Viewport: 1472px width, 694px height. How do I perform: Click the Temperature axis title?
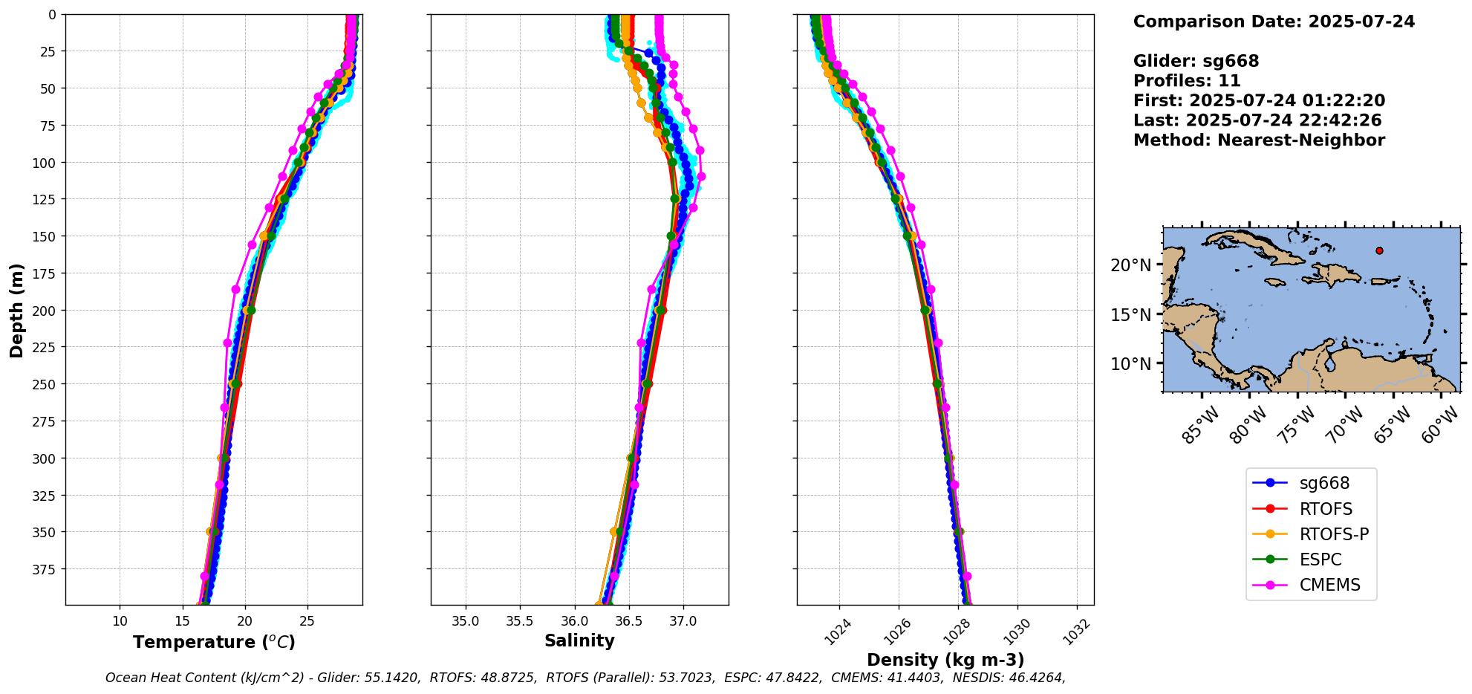(x=214, y=642)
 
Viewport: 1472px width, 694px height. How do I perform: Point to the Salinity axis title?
(x=579, y=641)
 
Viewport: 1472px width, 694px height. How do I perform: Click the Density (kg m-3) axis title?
(x=945, y=660)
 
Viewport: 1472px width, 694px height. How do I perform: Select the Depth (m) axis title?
(x=16, y=310)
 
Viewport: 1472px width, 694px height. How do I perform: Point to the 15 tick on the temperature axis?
(x=183, y=621)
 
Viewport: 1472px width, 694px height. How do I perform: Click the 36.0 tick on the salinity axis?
(x=574, y=621)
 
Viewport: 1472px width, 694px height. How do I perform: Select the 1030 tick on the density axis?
(x=1016, y=632)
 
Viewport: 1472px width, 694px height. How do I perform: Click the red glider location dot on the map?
(x=1379, y=250)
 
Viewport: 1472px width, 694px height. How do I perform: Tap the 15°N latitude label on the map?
(x=1130, y=314)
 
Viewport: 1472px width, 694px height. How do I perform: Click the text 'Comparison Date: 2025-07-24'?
(x=1274, y=22)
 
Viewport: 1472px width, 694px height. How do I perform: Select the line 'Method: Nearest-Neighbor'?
(x=1259, y=140)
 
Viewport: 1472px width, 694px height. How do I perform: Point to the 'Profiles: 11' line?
(x=1187, y=81)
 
